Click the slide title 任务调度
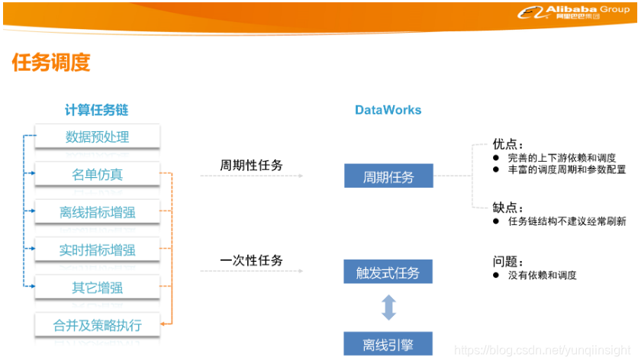[51, 63]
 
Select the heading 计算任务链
[96, 110]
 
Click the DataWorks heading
[388, 110]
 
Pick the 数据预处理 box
[97, 137]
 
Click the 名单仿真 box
[97, 175]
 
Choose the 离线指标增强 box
[97, 212]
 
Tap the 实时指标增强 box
[97, 250]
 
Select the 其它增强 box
[97, 288]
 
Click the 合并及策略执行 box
[97, 325]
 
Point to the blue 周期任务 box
[388, 177]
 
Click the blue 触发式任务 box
[388, 272]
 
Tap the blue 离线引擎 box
[388, 344]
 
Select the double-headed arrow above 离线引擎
[388, 308]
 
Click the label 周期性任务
[251, 165]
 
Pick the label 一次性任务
[251, 260]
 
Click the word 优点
[507, 143]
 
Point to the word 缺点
[507, 207]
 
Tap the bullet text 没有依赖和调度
[543, 275]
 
